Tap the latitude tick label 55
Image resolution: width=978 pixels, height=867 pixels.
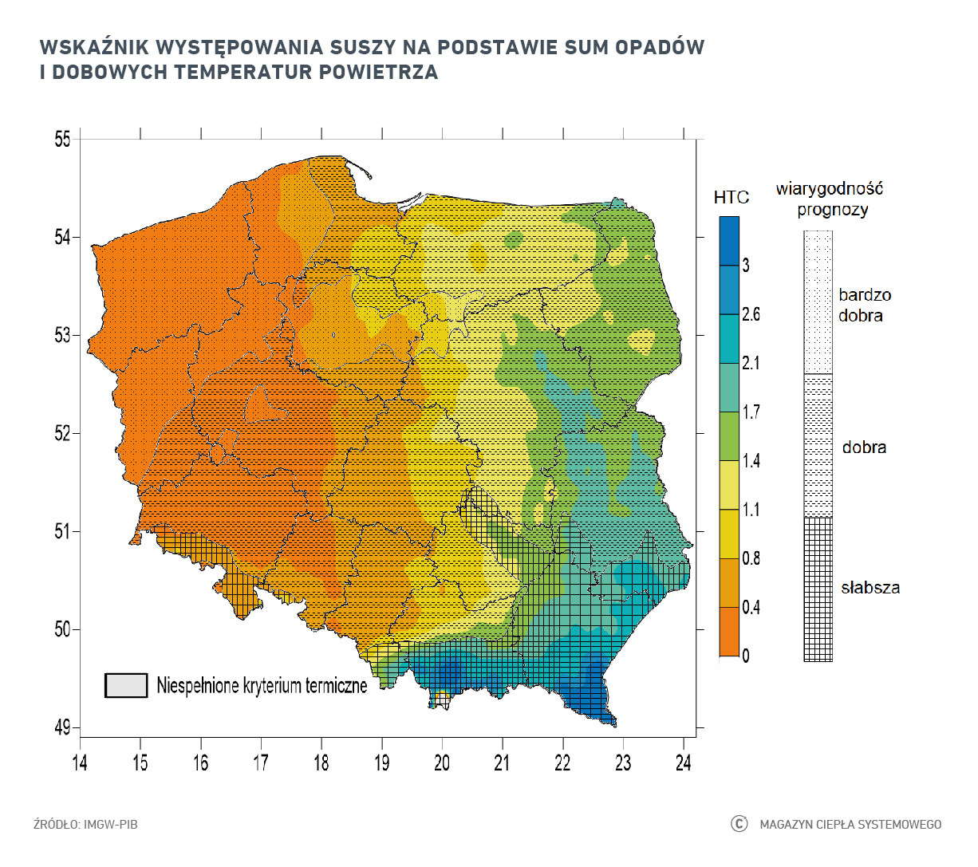pyautogui.click(x=62, y=140)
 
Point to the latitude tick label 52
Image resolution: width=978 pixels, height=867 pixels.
pyautogui.click(x=62, y=433)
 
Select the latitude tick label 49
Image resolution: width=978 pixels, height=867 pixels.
pyautogui.click(x=62, y=727)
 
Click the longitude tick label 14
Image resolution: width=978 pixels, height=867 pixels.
pyautogui.click(x=80, y=763)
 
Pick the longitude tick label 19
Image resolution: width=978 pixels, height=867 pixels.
pyautogui.click(x=381, y=763)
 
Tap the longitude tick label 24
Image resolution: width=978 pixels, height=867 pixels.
pyautogui.click(x=683, y=763)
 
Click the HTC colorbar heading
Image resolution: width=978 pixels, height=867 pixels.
pyautogui.click(x=731, y=197)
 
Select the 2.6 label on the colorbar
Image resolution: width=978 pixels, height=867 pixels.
pyautogui.click(x=751, y=314)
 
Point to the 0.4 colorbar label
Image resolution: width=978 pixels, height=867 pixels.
pyautogui.click(x=751, y=608)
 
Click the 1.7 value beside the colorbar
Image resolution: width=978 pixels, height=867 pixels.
pyautogui.click(x=751, y=412)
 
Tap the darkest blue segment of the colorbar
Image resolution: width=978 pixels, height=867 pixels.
pyautogui.click(x=729, y=240)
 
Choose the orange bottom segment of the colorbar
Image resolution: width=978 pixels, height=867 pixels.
pyautogui.click(x=729, y=632)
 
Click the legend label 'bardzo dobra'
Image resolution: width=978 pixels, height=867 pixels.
pyautogui.click(x=864, y=305)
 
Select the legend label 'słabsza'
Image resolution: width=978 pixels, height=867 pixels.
pyautogui.click(x=870, y=588)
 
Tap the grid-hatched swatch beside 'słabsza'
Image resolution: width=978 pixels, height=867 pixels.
pyautogui.click(x=818, y=589)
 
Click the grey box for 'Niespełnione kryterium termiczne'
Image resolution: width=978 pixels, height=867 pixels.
pyautogui.click(x=126, y=685)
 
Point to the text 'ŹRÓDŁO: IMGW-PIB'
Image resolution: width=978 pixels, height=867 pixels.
pyautogui.click(x=85, y=824)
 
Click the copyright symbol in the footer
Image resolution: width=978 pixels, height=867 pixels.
pyautogui.click(x=739, y=824)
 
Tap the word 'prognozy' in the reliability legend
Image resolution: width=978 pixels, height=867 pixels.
pyautogui.click(x=832, y=210)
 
